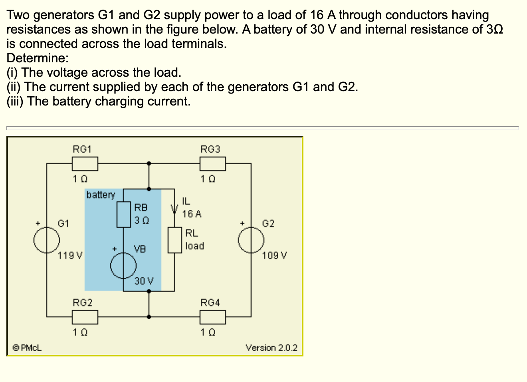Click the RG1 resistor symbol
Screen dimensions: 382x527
[85, 163]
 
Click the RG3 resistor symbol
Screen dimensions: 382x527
[212, 163]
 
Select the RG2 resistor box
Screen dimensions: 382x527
[85, 317]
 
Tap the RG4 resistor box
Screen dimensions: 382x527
[212, 317]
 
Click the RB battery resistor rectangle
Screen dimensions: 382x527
[123, 215]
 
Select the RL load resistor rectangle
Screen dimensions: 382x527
[174, 240]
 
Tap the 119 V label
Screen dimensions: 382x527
[70, 255]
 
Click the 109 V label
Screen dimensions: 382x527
[274, 255]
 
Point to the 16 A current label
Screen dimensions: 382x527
[192, 214]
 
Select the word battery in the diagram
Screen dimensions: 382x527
[101, 195]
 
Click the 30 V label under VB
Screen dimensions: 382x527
[144, 281]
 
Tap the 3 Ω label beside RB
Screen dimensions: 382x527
[141, 220]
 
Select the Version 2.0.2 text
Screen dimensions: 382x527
[271, 348]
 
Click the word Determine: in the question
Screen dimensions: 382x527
[38, 58]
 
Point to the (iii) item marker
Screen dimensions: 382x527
[15, 101]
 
